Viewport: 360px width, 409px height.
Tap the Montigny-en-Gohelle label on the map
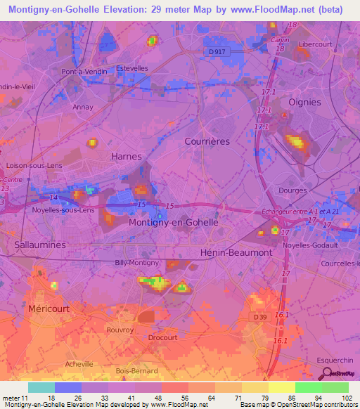174,221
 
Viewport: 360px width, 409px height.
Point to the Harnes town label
127,156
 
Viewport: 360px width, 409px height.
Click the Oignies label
304,102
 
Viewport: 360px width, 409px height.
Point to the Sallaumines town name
40,244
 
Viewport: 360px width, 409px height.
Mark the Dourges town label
292,190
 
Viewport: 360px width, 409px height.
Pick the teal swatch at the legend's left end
41,387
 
